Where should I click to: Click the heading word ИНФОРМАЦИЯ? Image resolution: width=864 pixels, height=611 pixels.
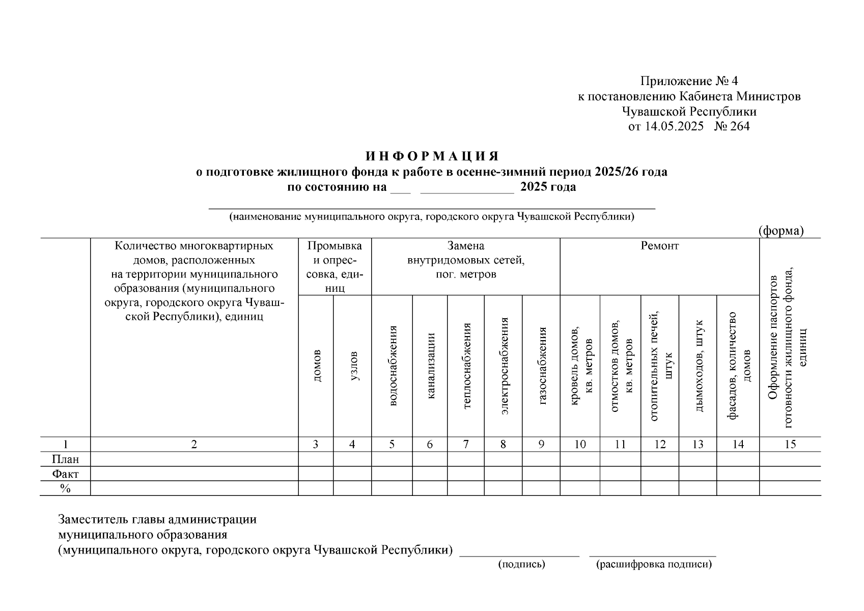tap(432, 156)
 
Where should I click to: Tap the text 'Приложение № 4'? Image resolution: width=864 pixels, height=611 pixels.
tap(689, 81)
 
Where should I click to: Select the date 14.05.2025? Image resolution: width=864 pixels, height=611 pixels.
tap(674, 126)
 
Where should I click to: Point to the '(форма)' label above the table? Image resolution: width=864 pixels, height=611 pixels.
tap(781, 231)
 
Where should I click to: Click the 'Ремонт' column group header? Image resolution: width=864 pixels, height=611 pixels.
tap(659, 246)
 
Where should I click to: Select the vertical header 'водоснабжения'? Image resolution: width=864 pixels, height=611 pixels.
tap(392, 365)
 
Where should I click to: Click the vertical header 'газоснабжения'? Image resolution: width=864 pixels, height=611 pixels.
tap(542, 365)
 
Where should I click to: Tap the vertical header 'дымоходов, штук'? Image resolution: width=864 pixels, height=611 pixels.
tap(698, 365)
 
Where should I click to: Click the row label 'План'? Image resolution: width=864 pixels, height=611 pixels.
tap(65, 459)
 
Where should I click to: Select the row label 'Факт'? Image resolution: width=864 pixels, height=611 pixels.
tap(65, 474)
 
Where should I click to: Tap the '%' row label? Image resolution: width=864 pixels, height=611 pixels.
tap(65, 488)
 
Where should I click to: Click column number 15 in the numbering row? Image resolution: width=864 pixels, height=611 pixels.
tap(790, 445)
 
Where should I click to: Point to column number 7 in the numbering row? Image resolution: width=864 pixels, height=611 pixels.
tap(466, 445)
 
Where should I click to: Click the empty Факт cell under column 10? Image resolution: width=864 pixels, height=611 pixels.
tap(580, 474)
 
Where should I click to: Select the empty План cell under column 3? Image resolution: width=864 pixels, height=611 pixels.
tap(316, 459)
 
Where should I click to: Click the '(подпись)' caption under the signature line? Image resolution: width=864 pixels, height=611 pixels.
tap(521, 564)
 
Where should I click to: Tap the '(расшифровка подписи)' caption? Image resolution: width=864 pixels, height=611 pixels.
tap(654, 564)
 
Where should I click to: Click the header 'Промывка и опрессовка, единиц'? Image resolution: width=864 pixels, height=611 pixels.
tap(335, 267)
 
